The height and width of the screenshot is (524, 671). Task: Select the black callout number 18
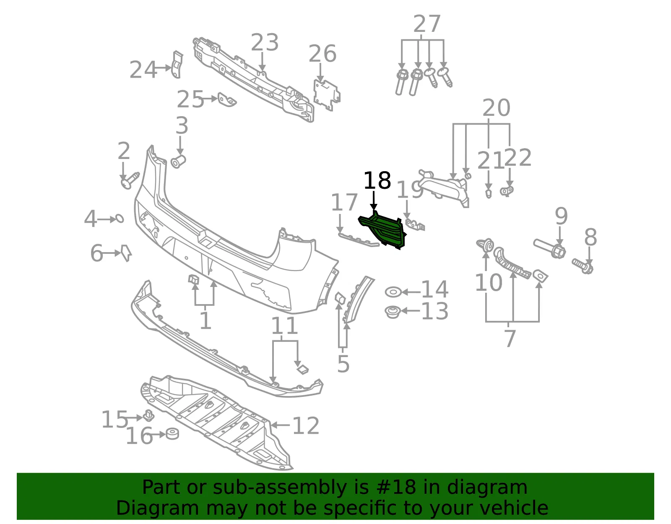click(377, 181)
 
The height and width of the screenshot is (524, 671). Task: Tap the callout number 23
click(265, 42)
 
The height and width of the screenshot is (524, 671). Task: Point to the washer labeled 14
click(393, 292)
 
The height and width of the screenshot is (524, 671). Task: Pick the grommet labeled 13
click(393, 312)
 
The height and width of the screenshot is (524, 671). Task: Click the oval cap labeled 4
click(119, 219)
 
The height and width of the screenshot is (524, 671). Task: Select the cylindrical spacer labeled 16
click(172, 434)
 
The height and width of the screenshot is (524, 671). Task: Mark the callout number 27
click(427, 24)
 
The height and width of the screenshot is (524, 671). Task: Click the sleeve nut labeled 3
click(178, 162)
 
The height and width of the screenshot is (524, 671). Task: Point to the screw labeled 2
click(130, 181)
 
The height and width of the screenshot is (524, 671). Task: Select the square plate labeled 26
click(327, 94)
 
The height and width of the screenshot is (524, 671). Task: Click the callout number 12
click(305, 425)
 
